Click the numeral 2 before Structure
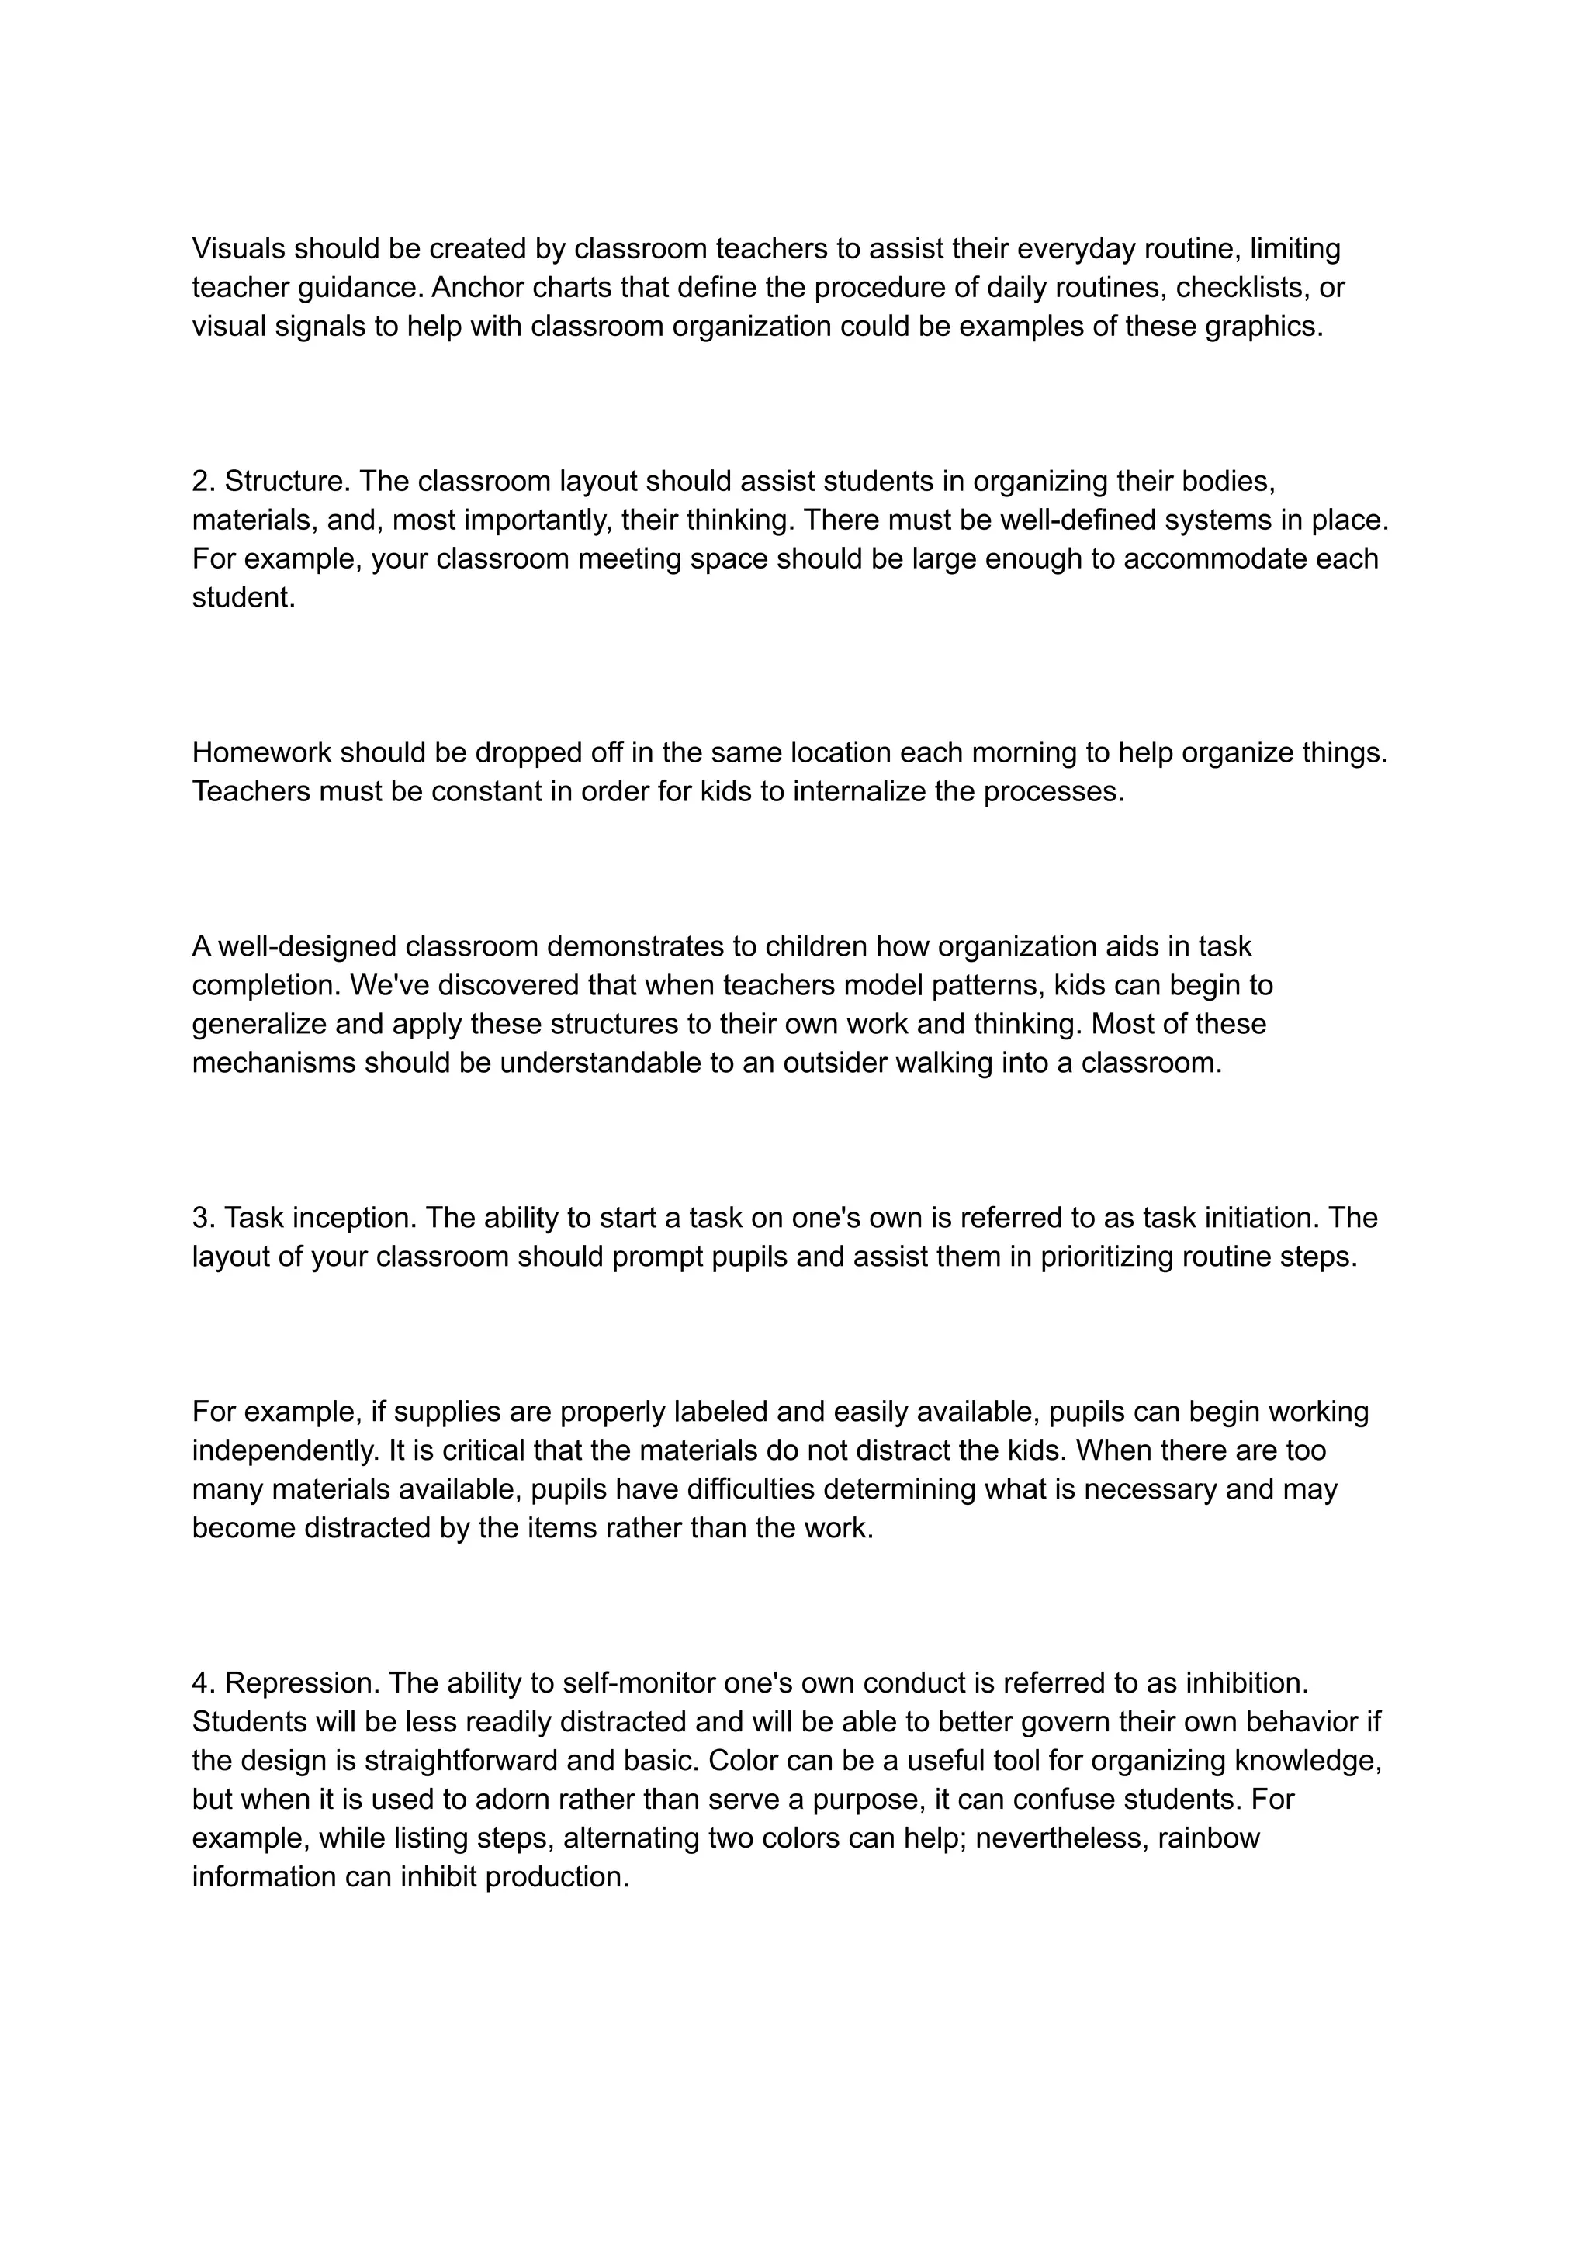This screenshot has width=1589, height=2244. [199, 481]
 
